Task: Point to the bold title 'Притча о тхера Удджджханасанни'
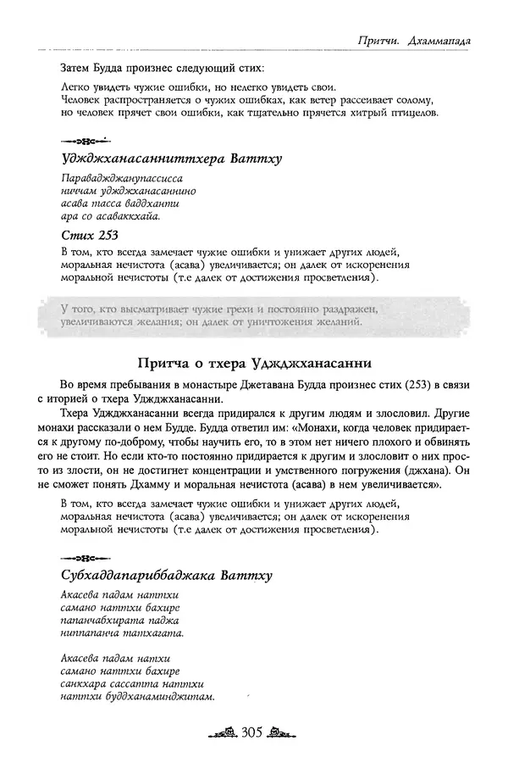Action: [x=253, y=365]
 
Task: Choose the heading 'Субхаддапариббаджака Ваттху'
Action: [x=167, y=576]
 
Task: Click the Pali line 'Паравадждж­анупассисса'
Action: [x=123, y=179]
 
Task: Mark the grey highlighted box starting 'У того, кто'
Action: [x=253, y=315]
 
